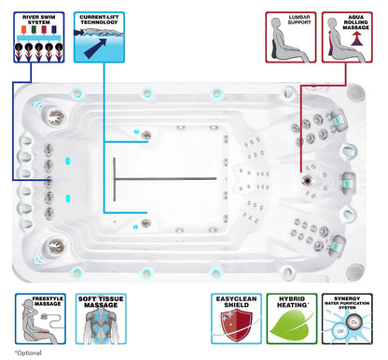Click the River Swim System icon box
pos(39,37)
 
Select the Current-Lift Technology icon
pos(99,37)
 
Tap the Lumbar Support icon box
pos(291,37)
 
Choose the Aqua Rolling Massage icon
pos(347,37)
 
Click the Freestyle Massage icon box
pos(40,319)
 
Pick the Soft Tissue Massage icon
pos(101,319)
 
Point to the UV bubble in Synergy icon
pos(340,331)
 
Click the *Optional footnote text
pos(28,353)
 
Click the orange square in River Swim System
pos(23,30)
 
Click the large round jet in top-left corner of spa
pos(56,117)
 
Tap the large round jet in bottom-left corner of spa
pos(56,247)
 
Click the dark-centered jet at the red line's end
pos(307,180)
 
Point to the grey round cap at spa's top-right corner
pos(354,92)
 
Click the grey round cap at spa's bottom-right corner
pos(354,271)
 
